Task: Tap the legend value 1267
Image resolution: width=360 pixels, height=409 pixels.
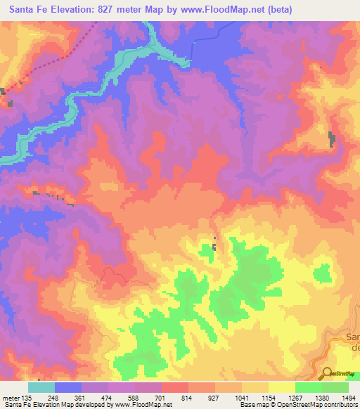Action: pos(295,398)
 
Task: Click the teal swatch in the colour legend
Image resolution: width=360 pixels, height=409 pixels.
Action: pos(41,387)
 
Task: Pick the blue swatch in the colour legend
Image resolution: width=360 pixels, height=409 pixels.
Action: pos(68,387)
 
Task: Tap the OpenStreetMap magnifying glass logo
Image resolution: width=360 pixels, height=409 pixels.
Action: pos(326,373)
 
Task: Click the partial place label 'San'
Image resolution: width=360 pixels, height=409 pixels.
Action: pos(352,338)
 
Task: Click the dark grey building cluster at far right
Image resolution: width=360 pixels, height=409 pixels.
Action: pos(331,139)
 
